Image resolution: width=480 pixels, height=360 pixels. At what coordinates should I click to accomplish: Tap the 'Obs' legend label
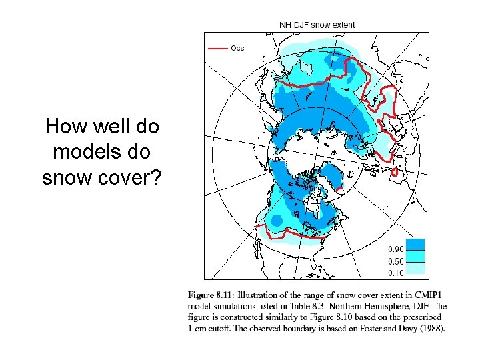[x=238, y=48]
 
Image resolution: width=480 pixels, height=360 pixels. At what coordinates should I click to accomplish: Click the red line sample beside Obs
[x=218, y=48]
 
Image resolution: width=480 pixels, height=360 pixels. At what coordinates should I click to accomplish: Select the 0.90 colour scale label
[x=397, y=249]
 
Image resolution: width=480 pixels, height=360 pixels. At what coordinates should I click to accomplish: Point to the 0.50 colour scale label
[x=397, y=261]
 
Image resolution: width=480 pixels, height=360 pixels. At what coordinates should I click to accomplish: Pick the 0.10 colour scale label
[x=397, y=273]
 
